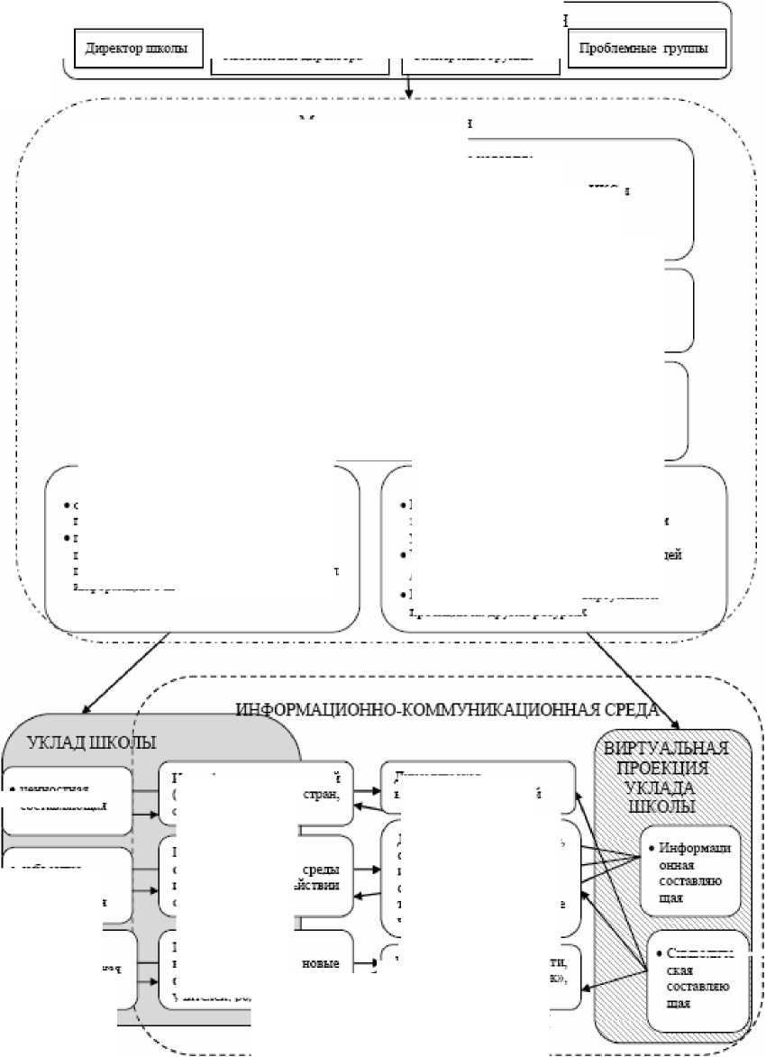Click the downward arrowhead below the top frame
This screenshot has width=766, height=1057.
pyautogui.click(x=410, y=93)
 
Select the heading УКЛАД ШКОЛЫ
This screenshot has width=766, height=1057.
pyautogui.click(x=93, y=743)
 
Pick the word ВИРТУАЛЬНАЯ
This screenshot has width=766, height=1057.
pyautogui.click(x=665, y=750)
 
